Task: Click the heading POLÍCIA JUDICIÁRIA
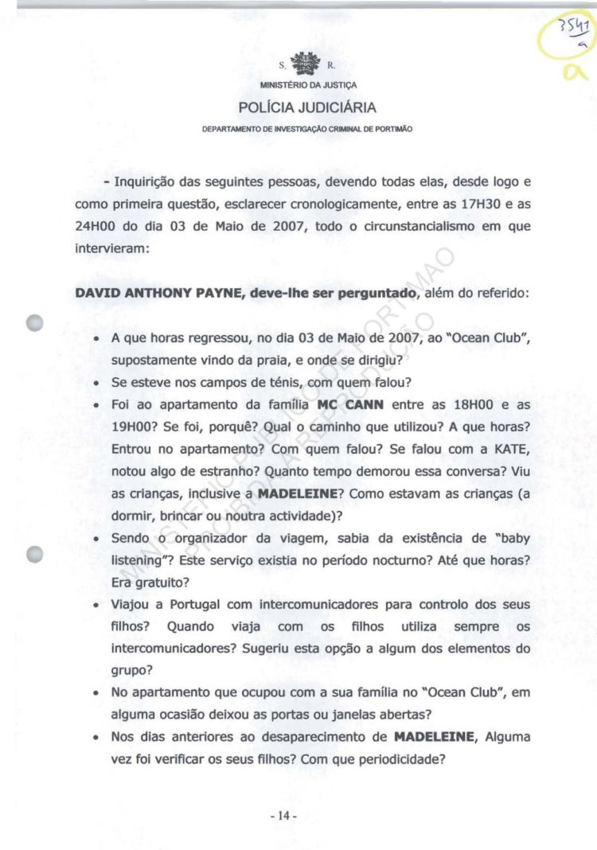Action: pyautogui.click(x=306, y=107)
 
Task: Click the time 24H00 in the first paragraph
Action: pyautogui.click(x=96, y=226)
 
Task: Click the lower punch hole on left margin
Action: pyautogui.click(x=34, y=555)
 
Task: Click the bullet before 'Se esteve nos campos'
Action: pyautogui.click(x=96, y=384)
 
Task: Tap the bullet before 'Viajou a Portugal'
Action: pyautogui.click(x=96, y=606)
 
